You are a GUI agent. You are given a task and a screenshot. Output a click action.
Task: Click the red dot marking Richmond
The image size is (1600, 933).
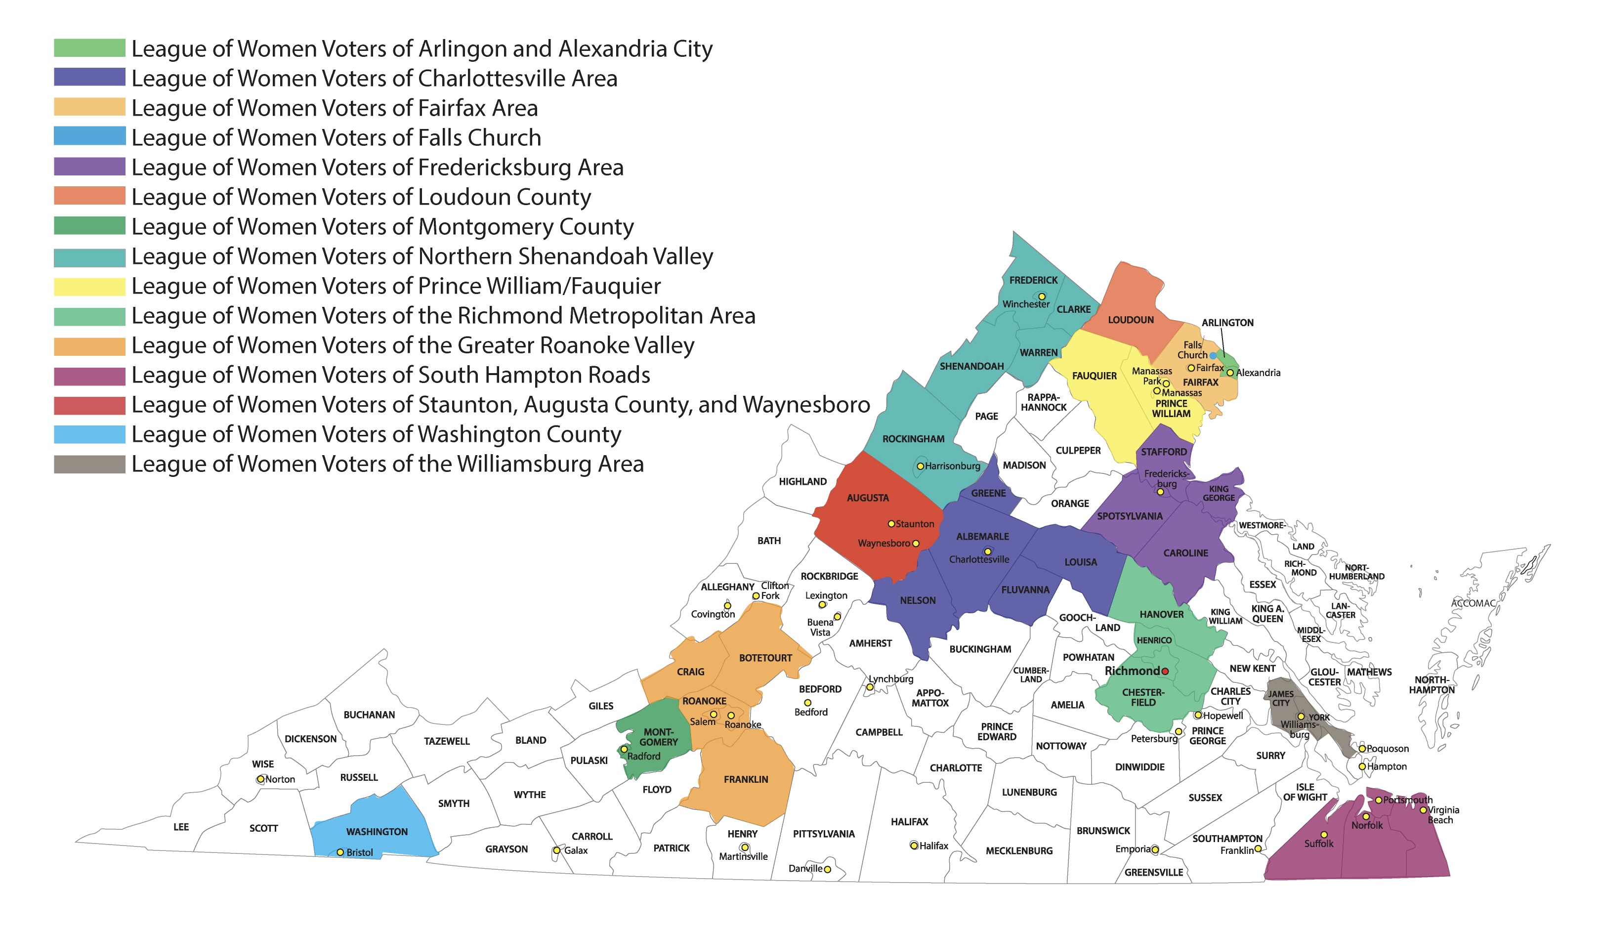pos(1165,671)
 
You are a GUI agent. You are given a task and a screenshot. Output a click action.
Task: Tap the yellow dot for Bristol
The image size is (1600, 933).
pos(340,852)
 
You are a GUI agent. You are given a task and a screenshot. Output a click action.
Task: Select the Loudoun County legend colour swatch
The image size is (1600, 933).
pos(89,196)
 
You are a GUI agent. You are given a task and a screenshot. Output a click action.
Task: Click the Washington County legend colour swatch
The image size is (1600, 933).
pos(89,434)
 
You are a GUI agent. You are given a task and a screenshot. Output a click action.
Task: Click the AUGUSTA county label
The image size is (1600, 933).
pos(867,498)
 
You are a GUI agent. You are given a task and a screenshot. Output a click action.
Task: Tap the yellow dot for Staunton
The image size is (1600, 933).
pos(891,524)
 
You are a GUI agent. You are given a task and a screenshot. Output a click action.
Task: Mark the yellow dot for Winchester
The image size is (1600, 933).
pos(1042,297)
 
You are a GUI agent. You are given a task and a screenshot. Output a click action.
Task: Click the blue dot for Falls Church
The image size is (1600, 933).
pos(1213,356)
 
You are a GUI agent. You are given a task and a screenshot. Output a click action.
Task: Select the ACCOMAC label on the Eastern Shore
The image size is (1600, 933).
pos(1473,603)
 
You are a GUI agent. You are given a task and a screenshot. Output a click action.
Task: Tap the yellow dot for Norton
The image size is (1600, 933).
pos(260,779)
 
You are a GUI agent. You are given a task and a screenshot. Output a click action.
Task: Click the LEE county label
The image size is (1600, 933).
pos(181,827)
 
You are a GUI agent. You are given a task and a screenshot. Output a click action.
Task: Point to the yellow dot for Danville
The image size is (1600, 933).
pos(827,869)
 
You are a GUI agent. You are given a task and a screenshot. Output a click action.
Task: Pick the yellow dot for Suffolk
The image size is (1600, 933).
pos(1324,835)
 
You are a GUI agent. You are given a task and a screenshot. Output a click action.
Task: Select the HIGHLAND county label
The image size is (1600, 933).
pos(802,481)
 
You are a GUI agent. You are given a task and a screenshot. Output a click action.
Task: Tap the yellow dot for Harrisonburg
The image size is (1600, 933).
pos(920,466)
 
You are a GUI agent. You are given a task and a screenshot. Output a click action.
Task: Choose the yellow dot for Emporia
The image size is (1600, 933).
pos(1155,850)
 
